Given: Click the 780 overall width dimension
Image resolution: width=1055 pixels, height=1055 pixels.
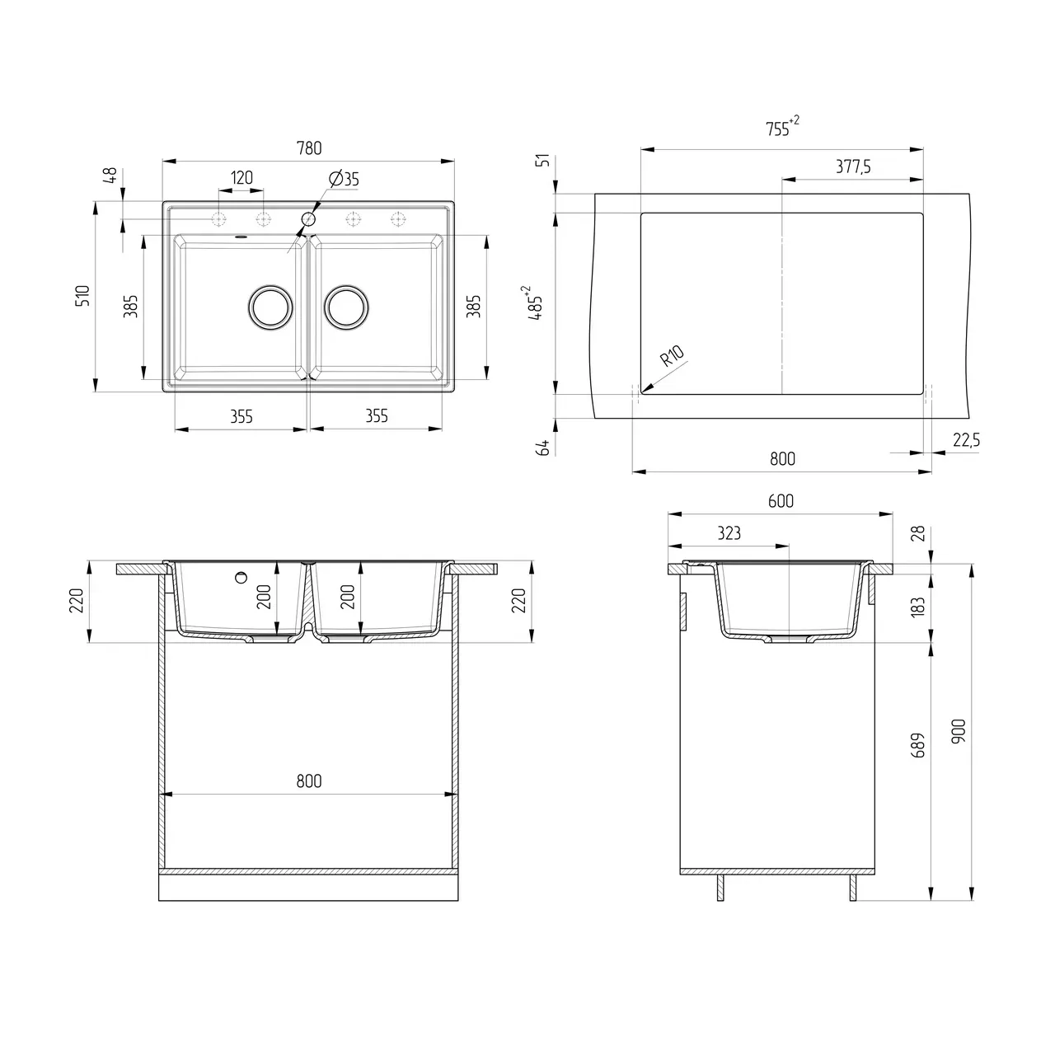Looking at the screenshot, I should point(308,148).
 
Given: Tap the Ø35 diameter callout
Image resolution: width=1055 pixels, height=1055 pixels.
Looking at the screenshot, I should point(343,179).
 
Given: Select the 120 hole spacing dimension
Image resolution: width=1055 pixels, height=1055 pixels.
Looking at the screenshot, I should point(241,178).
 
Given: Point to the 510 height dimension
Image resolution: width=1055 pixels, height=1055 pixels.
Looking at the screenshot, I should point(82,297).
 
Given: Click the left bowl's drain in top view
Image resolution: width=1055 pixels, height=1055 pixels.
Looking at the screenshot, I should point(270,307).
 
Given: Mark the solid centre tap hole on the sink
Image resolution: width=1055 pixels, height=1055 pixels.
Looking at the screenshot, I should point(309,218).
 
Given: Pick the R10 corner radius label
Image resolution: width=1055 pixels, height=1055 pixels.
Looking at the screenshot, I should point(672,357).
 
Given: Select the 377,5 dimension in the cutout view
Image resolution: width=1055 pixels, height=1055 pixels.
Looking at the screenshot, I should point(853,166).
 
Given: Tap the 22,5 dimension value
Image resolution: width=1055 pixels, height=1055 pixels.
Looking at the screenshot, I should point(965,441).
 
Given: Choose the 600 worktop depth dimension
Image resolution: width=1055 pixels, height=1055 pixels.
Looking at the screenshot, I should point(780,501).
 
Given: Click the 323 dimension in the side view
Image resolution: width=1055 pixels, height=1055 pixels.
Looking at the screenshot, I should point(729,533).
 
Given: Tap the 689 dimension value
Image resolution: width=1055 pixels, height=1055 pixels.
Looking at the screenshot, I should point(918,745).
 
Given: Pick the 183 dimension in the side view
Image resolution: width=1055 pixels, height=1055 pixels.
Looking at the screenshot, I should point(918,607).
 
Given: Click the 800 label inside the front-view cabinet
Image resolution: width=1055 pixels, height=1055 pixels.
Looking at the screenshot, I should point(308,781).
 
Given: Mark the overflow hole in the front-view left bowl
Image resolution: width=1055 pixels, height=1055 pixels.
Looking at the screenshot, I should point(241,577).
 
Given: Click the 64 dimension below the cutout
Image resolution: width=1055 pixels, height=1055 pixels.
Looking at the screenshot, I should point(542,448).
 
